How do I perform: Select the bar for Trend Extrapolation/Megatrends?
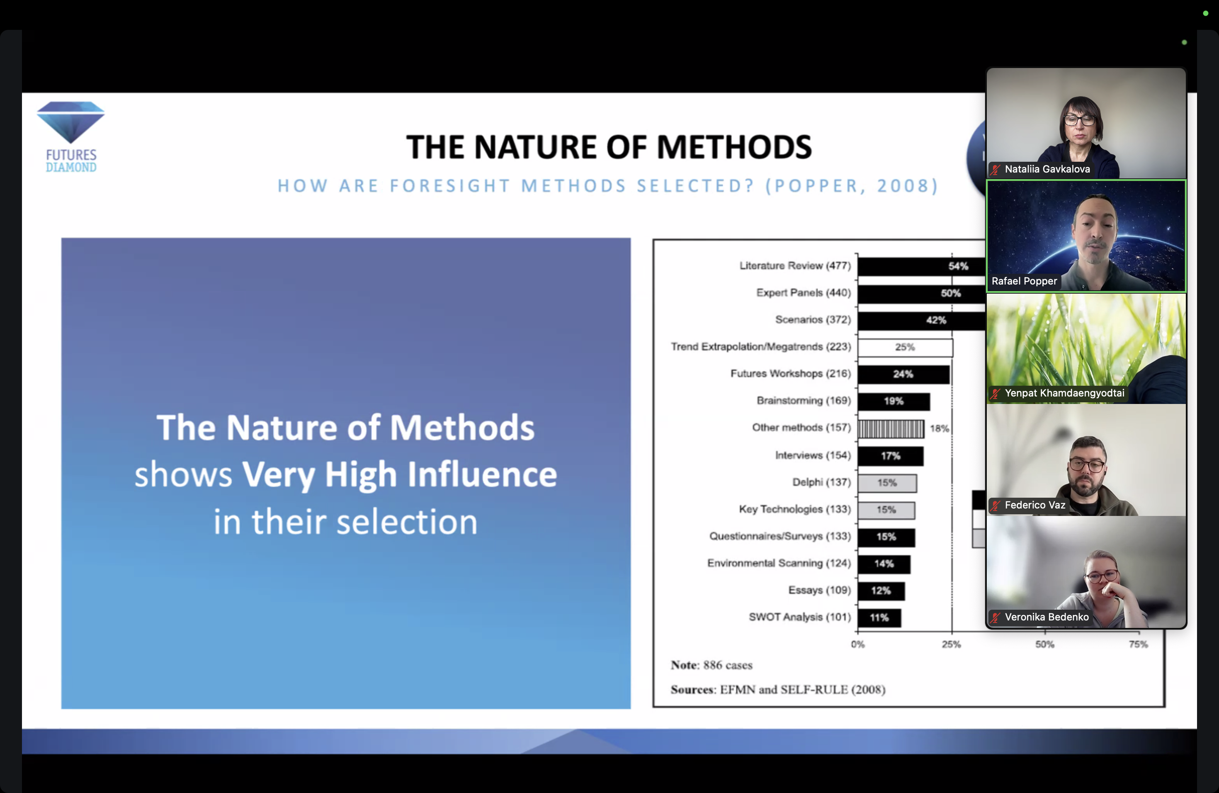(905, 347)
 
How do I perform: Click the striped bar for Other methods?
(891, 429)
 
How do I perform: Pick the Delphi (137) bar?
(887, 483)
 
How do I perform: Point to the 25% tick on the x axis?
(952, 633)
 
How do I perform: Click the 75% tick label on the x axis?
(1138, 645)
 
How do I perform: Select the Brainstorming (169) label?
(803, 401)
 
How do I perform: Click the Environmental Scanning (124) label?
(779, 563)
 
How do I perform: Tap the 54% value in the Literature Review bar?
(958, 266)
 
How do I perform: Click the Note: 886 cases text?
(711, 665)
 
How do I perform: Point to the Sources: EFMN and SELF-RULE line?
(778, 690)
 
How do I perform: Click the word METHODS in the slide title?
(734, 147)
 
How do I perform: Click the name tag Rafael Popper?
(1024, 281)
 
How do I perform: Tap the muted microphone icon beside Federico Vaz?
(995, 506)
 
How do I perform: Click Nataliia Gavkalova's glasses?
(1080, 121)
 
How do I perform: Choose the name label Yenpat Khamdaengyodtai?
(1064, 393)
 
